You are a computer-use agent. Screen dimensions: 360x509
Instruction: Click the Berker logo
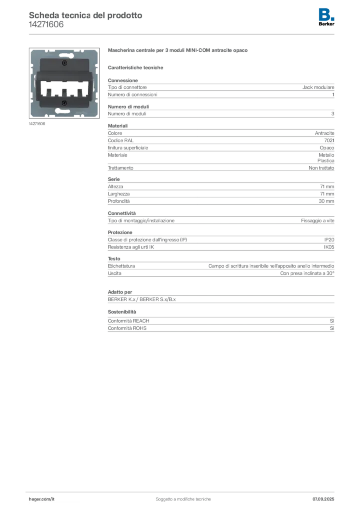(326, 17)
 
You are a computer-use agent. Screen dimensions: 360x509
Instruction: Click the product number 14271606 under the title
(46, 25)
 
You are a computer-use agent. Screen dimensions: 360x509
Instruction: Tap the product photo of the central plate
(64, 83)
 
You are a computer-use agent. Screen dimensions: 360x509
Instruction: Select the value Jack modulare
(318, 87)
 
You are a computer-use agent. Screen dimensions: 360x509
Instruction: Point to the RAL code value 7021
(329, 140)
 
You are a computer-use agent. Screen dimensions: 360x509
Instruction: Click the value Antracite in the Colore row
(324, 133)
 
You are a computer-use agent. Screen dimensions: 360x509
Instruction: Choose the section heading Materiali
(118, 126)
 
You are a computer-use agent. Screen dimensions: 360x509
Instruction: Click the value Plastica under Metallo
(326, 161)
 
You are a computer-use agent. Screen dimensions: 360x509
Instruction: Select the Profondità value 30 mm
(326, 201)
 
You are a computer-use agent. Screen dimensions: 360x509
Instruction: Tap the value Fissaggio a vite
(317, 220)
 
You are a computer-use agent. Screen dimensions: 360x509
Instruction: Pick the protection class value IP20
(329, 240)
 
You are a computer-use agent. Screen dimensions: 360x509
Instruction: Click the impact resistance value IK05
(329, 247)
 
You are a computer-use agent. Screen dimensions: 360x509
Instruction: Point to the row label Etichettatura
(121, 266)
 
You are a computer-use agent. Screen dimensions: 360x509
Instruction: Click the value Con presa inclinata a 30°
(307, 273)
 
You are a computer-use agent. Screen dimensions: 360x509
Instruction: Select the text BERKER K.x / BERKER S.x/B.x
(142, 299)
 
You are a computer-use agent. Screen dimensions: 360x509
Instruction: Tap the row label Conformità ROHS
(127, 328)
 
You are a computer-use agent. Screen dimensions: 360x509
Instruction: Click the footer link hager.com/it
(42, 499)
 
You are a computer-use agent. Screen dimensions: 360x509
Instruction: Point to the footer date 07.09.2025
(323, 499)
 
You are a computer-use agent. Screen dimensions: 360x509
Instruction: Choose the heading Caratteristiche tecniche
(135, 68)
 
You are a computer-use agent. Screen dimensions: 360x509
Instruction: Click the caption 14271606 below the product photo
(37, 124)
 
